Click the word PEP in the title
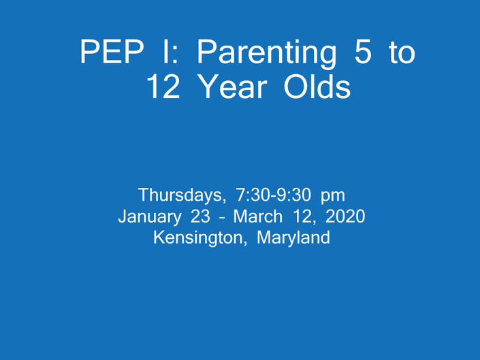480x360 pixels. point(112,52)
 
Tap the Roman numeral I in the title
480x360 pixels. point(165,52)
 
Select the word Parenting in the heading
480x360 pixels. point(267,54)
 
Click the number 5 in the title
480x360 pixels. point(363,52)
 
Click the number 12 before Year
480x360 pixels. point(163,86)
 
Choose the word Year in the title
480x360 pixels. point(234,86)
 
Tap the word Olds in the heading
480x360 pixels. point(317,86)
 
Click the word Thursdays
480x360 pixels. point(182,195)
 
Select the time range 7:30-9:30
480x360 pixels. point(273,195)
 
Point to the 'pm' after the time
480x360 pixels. point(333,197)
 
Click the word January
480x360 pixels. point(150,217)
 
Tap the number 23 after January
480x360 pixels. point(200,216)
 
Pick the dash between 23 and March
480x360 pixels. point(222,218)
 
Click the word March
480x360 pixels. point(258,216)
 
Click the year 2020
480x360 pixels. point(345,216)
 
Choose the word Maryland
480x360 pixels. point(293,238)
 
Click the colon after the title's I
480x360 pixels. point(175,55)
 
